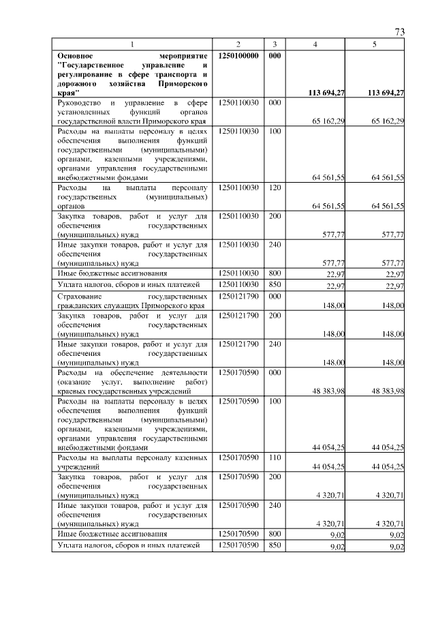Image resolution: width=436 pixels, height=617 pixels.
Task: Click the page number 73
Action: coord(400,32)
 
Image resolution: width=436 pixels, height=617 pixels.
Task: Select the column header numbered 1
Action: coord(132,44)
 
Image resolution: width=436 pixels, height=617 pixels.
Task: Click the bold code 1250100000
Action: coord(238,55)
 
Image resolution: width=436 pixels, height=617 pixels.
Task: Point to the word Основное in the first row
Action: coord(77,55)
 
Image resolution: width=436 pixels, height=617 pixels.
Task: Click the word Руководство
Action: coord(78,102)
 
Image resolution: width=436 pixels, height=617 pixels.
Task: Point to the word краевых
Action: coord(72,392)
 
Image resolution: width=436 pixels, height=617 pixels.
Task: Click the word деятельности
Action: coord(183,373)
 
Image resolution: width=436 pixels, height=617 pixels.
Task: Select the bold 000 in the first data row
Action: coord(274,55)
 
